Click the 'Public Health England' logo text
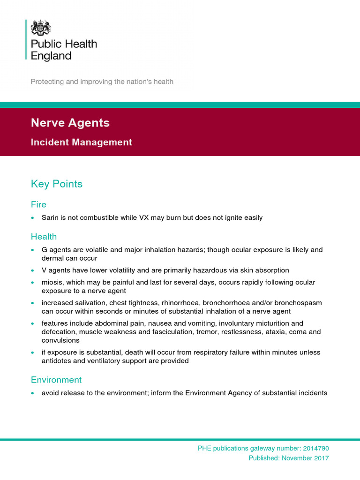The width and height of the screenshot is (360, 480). [63, 50]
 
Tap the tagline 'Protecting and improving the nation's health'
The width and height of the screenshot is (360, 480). [102, 82]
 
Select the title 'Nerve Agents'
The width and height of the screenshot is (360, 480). [70, 123]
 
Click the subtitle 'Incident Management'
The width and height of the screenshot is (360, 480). [81, 142]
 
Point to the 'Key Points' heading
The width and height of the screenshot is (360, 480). [56, 184]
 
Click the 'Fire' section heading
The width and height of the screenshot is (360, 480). [38, 204]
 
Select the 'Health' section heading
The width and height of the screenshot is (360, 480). [44, 237]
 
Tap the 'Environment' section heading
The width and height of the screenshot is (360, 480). [56, 380]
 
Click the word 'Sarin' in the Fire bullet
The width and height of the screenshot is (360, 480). [50, 217]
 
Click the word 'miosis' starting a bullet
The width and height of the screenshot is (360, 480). [52, 282]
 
